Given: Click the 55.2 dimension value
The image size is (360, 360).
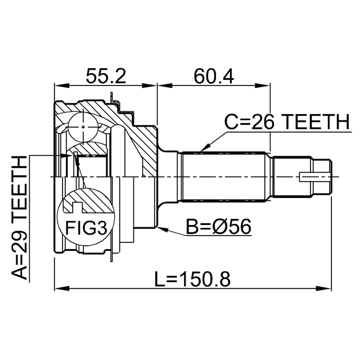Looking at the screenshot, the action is [106, 76].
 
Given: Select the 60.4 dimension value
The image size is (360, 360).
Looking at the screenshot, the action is [214, 76].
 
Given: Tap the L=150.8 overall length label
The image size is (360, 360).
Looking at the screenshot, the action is [192, 279].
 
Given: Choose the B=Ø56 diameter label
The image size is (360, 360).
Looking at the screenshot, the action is [219, 227].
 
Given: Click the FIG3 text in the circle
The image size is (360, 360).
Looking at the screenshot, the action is [86, 228].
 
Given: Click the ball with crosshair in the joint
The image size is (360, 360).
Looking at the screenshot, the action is [83, 127].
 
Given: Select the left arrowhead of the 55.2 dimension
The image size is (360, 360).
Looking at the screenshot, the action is [62, 85].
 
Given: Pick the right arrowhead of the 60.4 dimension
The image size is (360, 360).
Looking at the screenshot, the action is [263, 85].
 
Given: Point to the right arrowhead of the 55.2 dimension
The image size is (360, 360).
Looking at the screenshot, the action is [149, 85].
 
